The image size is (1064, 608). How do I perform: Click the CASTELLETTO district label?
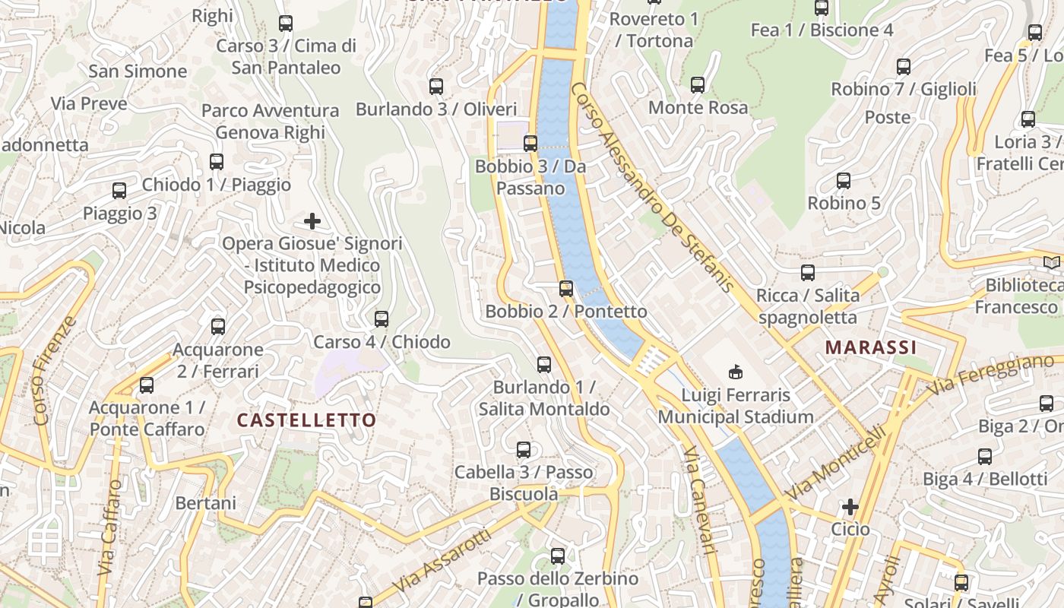[x=306, y=420]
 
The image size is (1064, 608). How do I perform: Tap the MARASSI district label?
[x=870, y=347]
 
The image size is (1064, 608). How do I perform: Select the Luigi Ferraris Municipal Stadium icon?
[x=735, y=372]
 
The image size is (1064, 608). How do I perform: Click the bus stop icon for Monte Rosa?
[x=698, y=85]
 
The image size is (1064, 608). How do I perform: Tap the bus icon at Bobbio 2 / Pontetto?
[x=565, y=289]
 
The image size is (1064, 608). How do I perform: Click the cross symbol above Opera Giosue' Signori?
[x=312, y=221]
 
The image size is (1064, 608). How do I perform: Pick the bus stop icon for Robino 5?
[x=843, y=181]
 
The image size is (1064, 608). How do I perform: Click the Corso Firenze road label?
[x=55, y=370]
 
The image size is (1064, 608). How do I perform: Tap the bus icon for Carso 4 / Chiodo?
[x=382, y=319]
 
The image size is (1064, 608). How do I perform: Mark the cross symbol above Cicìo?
[x=850, y=506]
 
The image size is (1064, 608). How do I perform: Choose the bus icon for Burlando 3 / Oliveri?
[x=435, y=87]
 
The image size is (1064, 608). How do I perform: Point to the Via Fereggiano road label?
[x=993, y=375]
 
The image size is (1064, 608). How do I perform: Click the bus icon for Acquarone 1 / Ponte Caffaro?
[x=147, y=385]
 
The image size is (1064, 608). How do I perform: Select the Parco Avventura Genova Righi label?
[x=270, y=122]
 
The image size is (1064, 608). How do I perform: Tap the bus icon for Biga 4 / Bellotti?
[x=984, y=457]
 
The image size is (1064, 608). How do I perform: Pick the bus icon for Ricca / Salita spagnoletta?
[x=807, y=273]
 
